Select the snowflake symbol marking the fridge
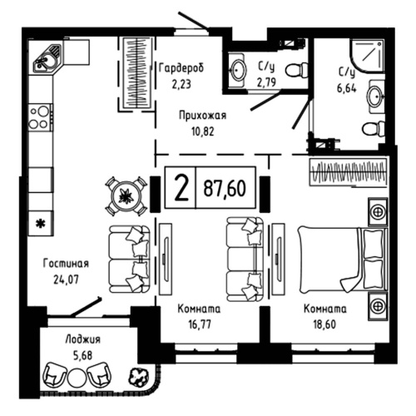39,222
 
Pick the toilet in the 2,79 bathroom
291,72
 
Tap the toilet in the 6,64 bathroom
371,128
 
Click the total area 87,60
223,189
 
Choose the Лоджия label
82,339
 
